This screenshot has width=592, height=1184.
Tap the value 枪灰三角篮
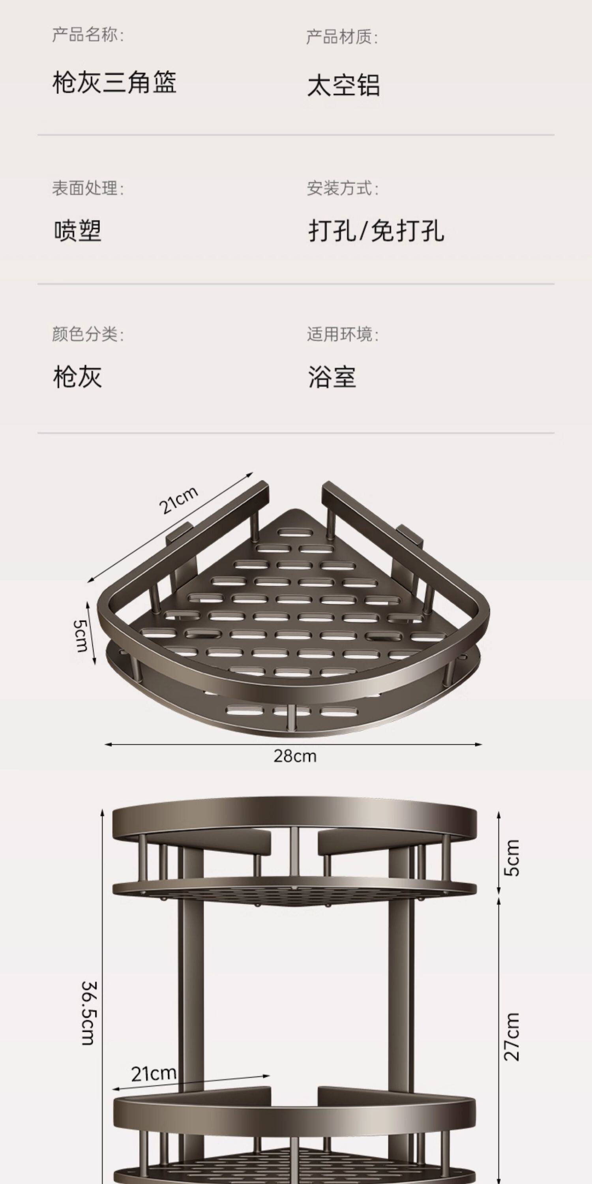[x=114, y=83]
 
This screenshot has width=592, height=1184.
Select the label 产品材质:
[x=342, y=37]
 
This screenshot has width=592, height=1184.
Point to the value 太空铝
[x=344, y=86]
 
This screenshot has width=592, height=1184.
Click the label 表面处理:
[x=88, y=188]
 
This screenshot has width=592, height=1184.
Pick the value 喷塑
[x=78, y=231]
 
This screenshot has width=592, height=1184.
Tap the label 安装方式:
[x=343, y=188]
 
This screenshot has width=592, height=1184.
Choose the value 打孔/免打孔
[x=377, y=231]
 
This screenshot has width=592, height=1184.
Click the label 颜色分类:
[x=88, y=334]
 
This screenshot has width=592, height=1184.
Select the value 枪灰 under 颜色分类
[x=78, y=377]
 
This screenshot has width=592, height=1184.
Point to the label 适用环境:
[x=343, y=334]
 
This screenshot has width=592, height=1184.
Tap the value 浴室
[x=332, y=377]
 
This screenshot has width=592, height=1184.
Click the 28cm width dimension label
[x=295, y=756]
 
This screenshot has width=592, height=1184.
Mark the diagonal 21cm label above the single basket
[x=179, y=500]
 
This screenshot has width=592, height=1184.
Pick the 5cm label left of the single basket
[x=81, y=636]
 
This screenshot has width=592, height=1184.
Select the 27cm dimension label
[x=512, y=1036]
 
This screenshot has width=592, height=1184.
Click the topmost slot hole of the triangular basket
[x=302, y=533]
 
